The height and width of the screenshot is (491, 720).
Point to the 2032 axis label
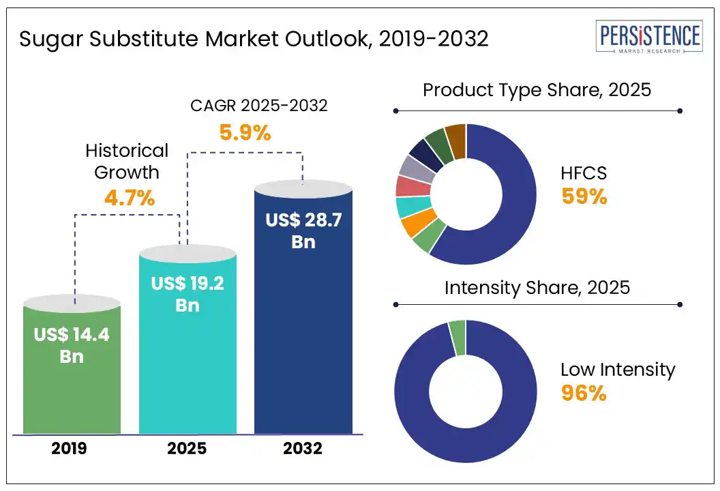point(303,449)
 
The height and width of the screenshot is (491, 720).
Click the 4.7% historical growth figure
point(130,198)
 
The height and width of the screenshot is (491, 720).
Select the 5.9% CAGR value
point(245,132)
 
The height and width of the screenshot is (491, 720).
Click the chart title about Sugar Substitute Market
point(254,39)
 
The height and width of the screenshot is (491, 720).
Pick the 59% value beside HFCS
point(584,196)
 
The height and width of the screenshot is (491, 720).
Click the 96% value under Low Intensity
point(584,393)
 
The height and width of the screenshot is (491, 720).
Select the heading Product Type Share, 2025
point(537,90)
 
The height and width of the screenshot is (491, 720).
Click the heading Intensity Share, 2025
point(537,288)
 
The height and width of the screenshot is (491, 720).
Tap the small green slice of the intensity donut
point(457,338)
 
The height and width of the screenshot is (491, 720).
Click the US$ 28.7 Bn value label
point(303,230)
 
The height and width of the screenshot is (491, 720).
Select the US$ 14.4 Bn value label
point(72,345)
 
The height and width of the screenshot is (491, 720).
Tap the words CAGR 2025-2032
point(258,106)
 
